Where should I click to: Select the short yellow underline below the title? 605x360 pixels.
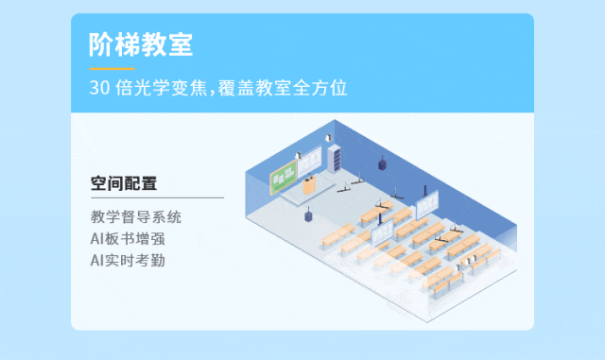pos(112,68)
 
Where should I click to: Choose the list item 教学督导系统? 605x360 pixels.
pos(135,216)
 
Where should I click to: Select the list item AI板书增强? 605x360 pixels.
pos(129,238)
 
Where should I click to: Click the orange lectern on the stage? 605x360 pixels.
pos(308,186)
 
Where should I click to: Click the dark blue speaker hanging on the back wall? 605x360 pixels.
pos(383,163)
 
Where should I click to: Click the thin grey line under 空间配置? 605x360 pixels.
pos(157,197)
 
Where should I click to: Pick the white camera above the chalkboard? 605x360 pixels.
pos(299,156)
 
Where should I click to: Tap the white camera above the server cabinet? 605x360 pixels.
pos(329,139)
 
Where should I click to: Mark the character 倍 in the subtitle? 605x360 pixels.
pos(125,89)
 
